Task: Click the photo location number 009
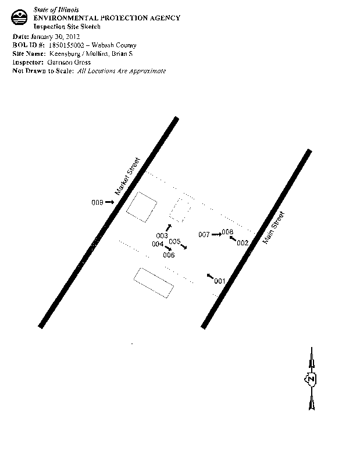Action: pos(97,202)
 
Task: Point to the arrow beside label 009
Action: pos(110,202)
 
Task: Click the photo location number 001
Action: pos(219,281)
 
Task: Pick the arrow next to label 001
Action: pos(209,276)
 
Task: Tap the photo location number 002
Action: pos(243,242)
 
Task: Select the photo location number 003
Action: pos(162,235)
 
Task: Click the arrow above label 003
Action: pos(169,227)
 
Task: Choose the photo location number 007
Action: pos(204,235)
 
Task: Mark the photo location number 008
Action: pos(227,233)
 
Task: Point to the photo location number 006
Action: pos(169,255)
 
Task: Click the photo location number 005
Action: pos(174,242)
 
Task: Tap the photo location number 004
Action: pos(158,244)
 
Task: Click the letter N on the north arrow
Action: pos(311,379)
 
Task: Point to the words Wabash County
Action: pos(116,45)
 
